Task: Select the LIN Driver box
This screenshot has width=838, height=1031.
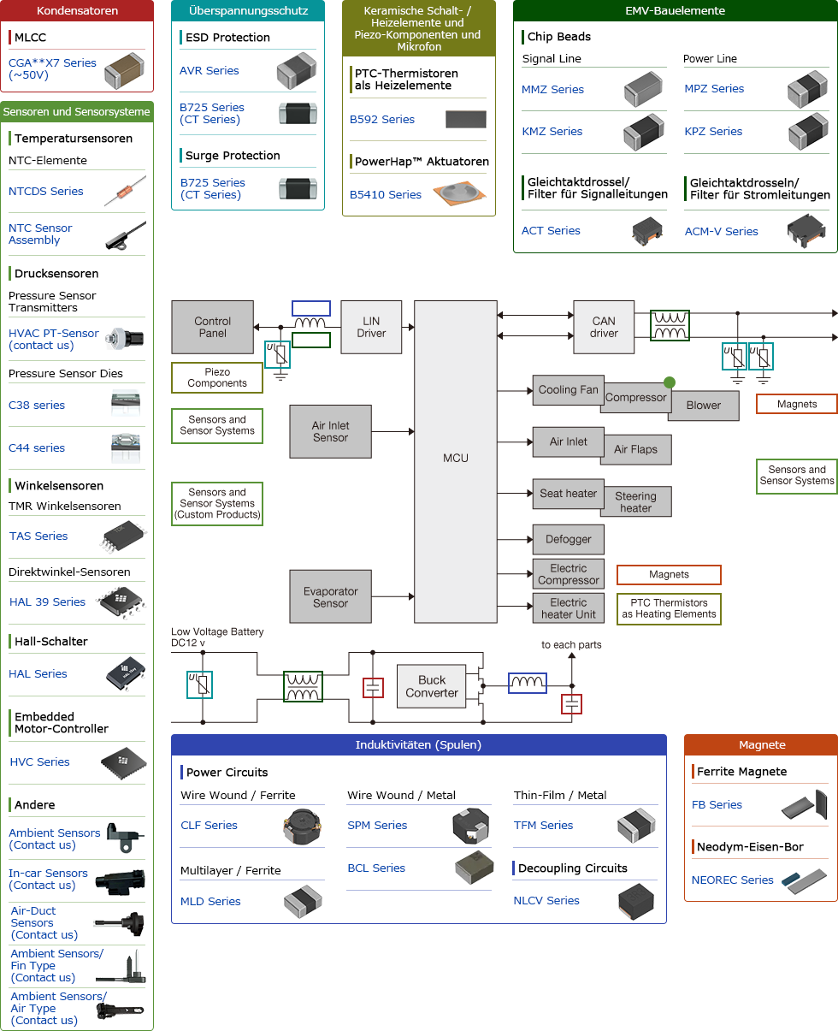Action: tap(371, 327)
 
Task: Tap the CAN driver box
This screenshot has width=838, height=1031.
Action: tap(604, 327)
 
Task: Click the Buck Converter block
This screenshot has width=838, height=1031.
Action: tap(432, 686)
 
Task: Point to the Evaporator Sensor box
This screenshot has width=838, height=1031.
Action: tap(330, 596)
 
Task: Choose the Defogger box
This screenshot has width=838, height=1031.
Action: tap(569, 539)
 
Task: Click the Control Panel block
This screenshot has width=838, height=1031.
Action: tap(213, 327)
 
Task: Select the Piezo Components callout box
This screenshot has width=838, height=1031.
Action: tap(217, 377)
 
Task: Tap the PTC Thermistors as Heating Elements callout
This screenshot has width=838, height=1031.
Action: tap(669, 608)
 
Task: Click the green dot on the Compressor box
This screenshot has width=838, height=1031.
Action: tap(670, 382)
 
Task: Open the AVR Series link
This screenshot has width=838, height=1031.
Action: tap(209, 71)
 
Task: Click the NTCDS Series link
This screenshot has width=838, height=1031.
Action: tap(46, 192)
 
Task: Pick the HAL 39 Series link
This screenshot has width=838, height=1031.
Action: tap(48, 602)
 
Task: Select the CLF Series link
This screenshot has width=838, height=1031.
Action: tap(209, 826)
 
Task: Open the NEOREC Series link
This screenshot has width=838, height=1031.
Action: tap(733, 880)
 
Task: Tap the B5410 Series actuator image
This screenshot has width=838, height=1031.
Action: tap(463, 195)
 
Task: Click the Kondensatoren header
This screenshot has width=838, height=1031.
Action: tap(78, 11)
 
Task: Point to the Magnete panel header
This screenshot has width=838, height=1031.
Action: tap(761, 745)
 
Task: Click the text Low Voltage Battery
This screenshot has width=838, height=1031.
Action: tap(217, 632)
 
